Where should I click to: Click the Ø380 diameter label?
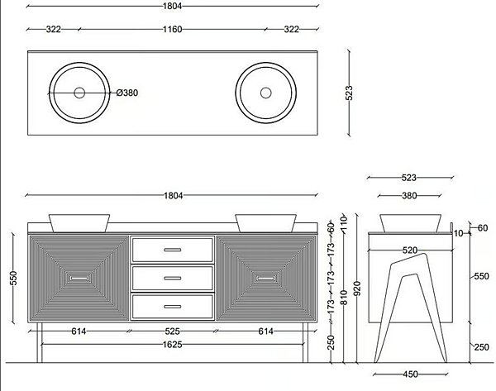[x=126, y=93]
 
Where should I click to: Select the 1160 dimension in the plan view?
[x=173, y=30]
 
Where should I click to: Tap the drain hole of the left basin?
[x=79, y=93]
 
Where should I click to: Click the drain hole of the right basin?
[x=265, y=93]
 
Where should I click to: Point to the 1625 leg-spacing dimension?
[x=173, y=344]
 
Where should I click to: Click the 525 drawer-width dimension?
[x=173, y=331]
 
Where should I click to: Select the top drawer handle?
[x=173, y=250]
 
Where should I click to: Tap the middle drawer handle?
[x=173, y=279]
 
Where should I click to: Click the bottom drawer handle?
[x=173, y=307]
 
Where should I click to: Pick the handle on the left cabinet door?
[x=79, y=279]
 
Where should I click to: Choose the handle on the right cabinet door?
[x=266, y=279]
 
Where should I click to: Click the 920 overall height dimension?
[x=357, y=288]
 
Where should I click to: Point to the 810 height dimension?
[x=344, y=298]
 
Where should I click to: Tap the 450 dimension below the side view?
[x=410, y=374]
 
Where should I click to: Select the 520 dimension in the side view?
[x=410, y=250]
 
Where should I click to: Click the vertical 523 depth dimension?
[x=349, y=93]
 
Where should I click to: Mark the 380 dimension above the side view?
[x=409, y=196]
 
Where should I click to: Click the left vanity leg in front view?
[x=40, y=342]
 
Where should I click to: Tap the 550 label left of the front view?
[x=13, y=279]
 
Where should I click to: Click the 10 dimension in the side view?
[x=458, y=233]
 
